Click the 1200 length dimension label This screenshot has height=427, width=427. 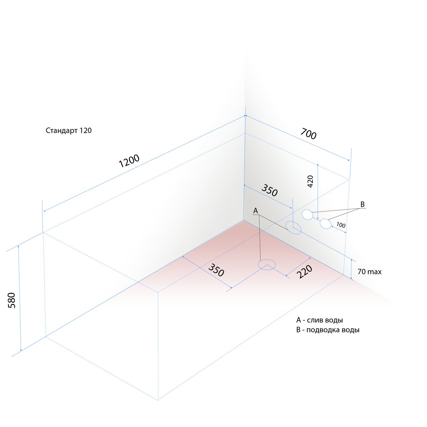[x=129, y=160]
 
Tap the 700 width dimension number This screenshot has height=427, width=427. [x=308, y=134]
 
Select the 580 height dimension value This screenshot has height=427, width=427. [x=12, y=300]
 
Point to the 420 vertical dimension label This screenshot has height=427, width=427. [x=310, y=181]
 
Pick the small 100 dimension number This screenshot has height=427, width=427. [x=341, y=225]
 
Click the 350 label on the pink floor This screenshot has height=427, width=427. [x=216, y=270]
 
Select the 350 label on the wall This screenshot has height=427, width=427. [x=269, y=190]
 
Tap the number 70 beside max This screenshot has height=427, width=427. [x=361, y=272]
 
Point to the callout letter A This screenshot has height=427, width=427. [x=255, y=211]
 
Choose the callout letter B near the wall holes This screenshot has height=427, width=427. [x=363, y=204]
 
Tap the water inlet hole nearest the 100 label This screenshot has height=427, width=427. [x=326, y=224]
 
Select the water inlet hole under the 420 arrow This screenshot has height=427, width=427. [x=307, y=215]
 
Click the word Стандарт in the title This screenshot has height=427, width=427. [x=61, y=131]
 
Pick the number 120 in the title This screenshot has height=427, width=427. [x=85, y=130]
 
